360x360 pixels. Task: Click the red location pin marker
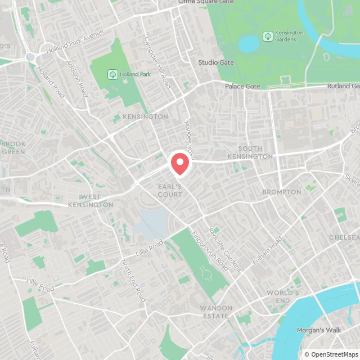coord(180,163)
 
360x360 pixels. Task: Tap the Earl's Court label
coord(170,191)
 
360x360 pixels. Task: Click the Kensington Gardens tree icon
coord(268,36)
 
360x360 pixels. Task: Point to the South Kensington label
coord(250,152)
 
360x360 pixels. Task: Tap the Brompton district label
coord(282,192)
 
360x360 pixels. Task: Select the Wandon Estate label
coord(215,312)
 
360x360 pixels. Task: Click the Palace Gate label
coord(242,86)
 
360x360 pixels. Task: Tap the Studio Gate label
coord(215,62)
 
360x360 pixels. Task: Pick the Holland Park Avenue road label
coord(76,41)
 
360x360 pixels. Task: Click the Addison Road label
coord(76,79)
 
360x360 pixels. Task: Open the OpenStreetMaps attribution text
coord(332,354)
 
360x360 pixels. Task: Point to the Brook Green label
coord(13,147)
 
